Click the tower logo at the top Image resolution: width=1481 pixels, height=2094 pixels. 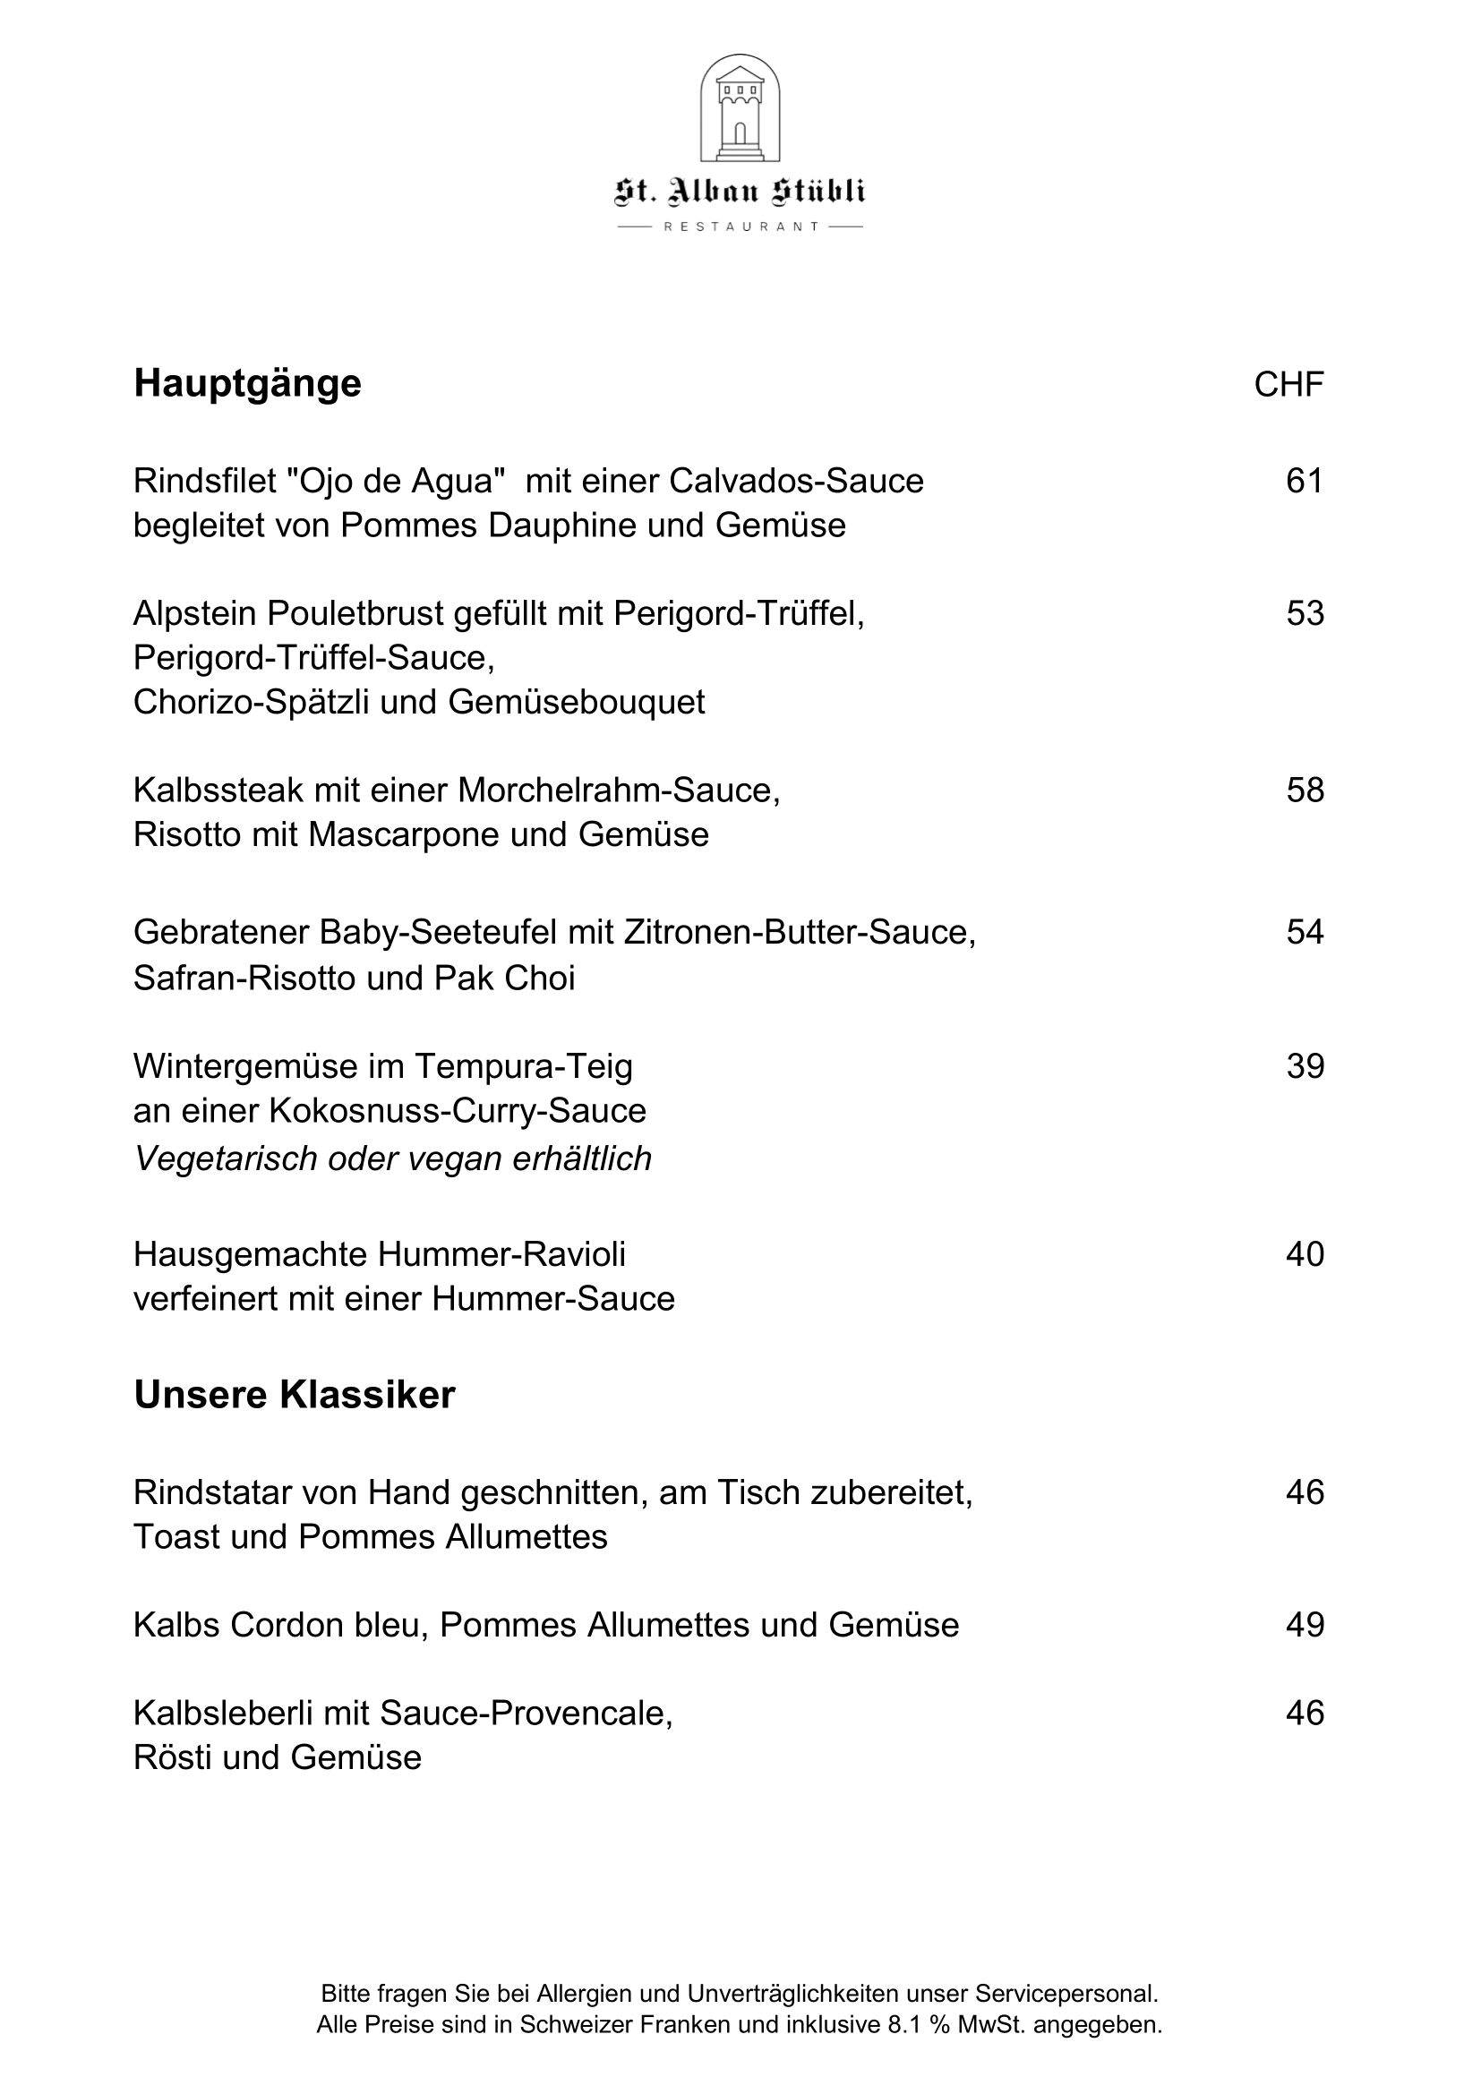740,108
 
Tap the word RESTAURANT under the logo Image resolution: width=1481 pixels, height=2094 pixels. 740,227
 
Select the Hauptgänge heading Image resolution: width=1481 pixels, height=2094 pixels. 247,384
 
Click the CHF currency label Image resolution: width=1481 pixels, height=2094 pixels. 1288,385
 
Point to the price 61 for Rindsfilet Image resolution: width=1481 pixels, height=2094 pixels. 1304,481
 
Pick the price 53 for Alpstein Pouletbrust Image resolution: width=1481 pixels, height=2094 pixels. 1304,614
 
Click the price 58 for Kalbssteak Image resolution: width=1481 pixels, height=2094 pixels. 1304,791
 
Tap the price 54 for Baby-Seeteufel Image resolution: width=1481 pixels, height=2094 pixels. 1304,932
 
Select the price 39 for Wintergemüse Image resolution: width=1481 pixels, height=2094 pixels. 1304,1066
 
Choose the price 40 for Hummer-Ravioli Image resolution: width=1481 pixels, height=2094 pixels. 1304,1254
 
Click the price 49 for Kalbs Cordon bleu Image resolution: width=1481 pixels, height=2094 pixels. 1304,1624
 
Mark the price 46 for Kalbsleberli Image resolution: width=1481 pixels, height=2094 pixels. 1304,1713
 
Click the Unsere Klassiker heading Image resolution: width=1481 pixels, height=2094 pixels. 295,1396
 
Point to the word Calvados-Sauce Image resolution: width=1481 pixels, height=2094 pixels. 796,481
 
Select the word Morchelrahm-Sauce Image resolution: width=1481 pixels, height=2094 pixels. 619,791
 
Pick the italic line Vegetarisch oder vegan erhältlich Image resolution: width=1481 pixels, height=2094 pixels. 393,1159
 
